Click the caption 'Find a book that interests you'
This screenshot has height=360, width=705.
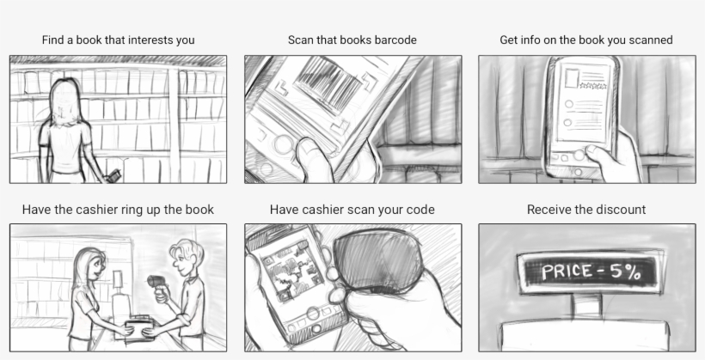(x=118, y=40)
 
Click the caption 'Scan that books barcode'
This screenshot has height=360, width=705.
(x=352, y=40)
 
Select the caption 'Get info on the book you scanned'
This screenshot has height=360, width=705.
(x=586, y=40)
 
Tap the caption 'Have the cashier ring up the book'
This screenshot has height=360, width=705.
(x=118, y=210)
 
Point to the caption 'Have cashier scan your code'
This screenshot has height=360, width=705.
(x=352, y=210)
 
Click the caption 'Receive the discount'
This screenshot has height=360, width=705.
(x=586, y=210)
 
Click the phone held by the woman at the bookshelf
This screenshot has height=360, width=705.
(x=110, y=176)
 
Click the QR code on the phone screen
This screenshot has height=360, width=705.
(x=291, y=270)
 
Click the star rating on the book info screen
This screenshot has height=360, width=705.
(x=592, y=87)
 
